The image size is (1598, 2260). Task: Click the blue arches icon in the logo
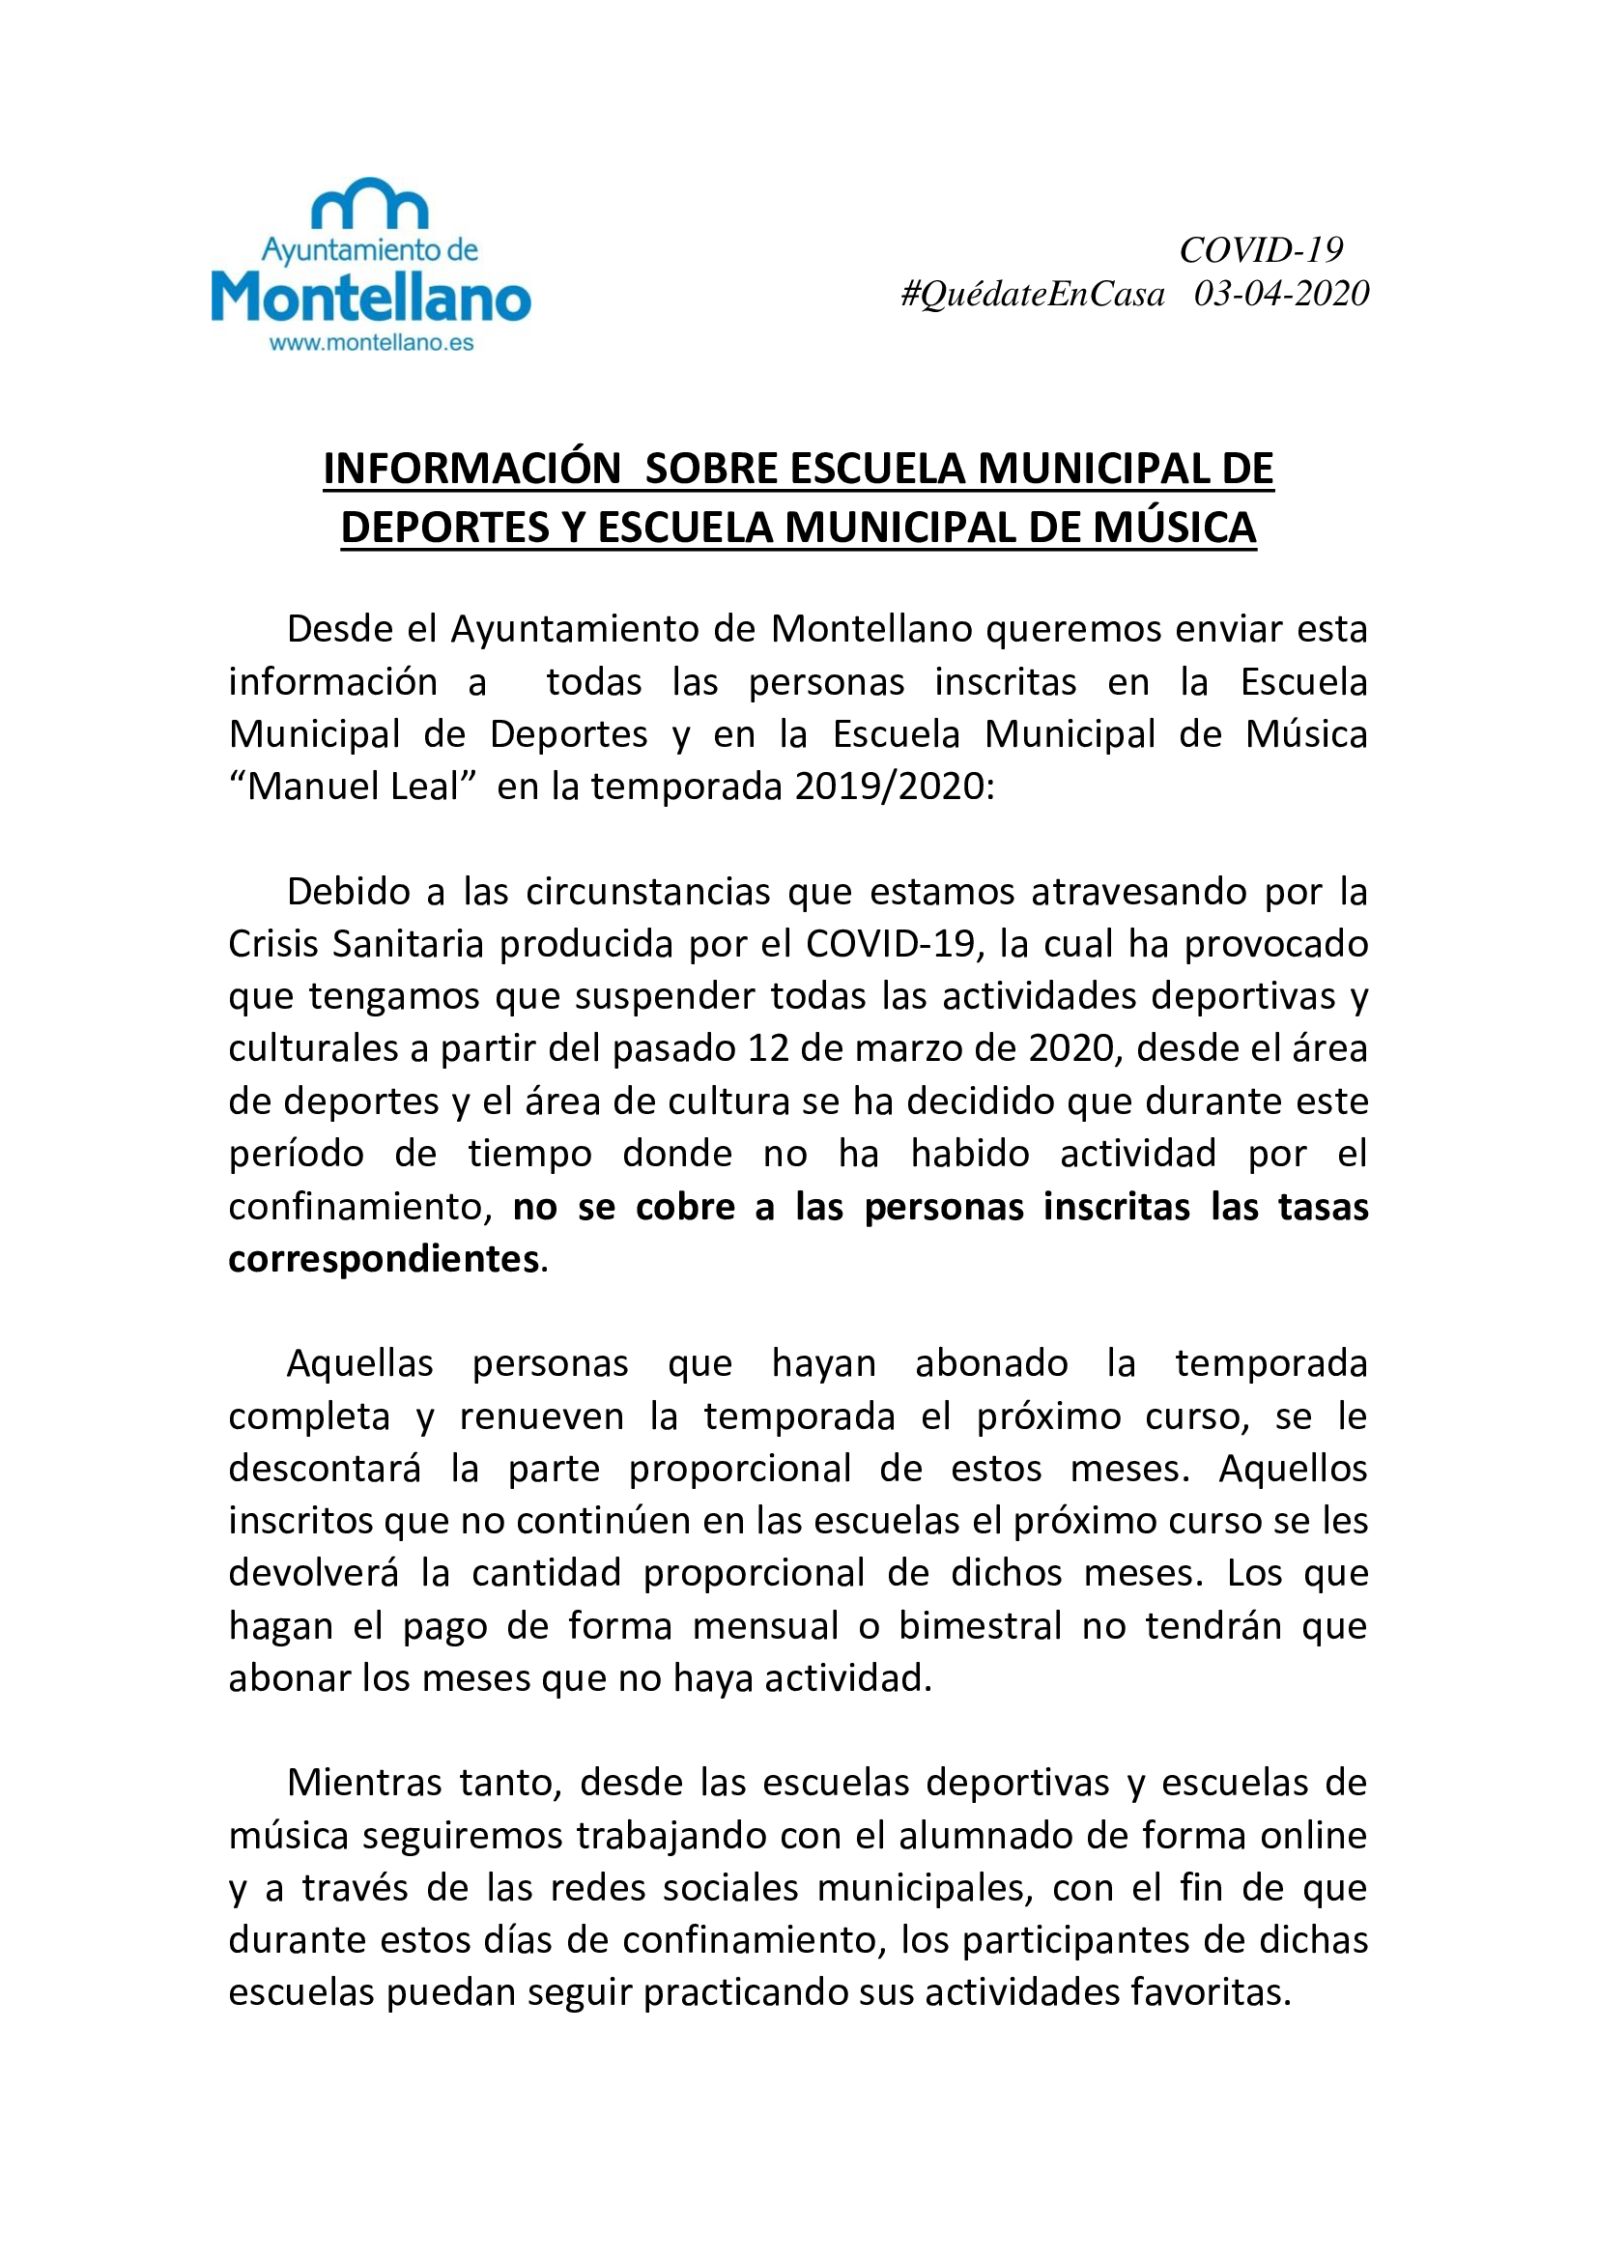tap(370, 204)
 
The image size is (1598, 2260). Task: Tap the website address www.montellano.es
tap(371, 343)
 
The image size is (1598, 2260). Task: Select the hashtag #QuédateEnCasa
tap(1032, 294)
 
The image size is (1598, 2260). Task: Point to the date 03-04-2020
tap(1281, 294)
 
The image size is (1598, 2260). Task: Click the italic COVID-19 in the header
tap(1261, 250)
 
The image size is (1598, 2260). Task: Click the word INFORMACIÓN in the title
tap(472, 469)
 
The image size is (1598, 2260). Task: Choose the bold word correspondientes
tap(384, 1259)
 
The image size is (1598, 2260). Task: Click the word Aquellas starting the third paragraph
tap(359, 1364)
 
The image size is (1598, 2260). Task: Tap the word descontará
tap(324, 1469)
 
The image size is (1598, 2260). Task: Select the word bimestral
tap(980, 1626)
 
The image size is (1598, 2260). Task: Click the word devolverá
tap(314, 1573)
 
